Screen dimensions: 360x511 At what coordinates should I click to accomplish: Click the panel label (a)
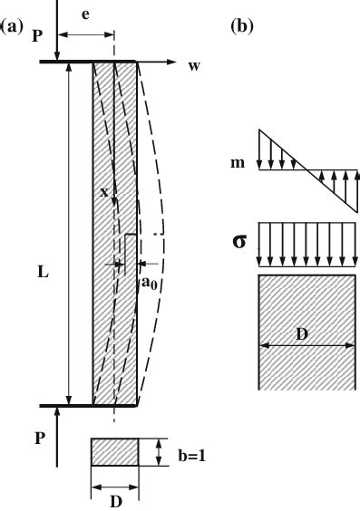tap(12, 27)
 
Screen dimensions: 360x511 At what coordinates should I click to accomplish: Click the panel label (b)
tap(244, 27)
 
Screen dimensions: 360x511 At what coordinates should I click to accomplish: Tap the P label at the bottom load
tap(38, 437)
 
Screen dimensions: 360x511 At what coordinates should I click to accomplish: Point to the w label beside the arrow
tap(194, 66)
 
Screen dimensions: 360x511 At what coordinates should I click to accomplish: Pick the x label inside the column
tap(105, 193)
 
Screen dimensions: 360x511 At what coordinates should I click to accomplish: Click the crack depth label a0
tap(148, 284)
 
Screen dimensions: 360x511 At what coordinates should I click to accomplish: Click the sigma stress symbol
tap(239, 244)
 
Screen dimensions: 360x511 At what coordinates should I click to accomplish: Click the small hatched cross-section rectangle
tap(114, 453)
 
